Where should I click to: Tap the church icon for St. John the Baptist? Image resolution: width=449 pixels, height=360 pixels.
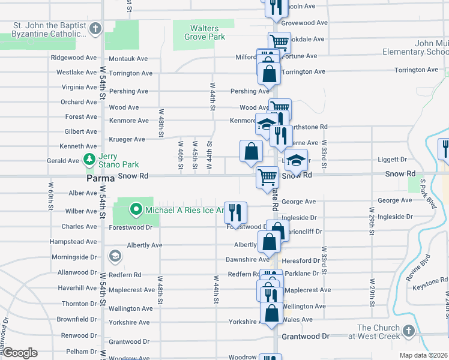(x=95, y=29)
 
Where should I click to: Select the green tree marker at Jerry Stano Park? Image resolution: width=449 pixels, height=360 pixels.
(x=90, y=159)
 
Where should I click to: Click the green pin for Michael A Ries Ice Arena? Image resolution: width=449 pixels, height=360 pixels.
(x=136, y=210)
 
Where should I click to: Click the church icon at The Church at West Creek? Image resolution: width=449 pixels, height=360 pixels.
(x=408, y=331)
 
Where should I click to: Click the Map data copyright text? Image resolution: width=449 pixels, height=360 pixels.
(x=423, y=355)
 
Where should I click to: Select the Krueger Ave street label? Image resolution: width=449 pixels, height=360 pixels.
(x=127, y=139)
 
